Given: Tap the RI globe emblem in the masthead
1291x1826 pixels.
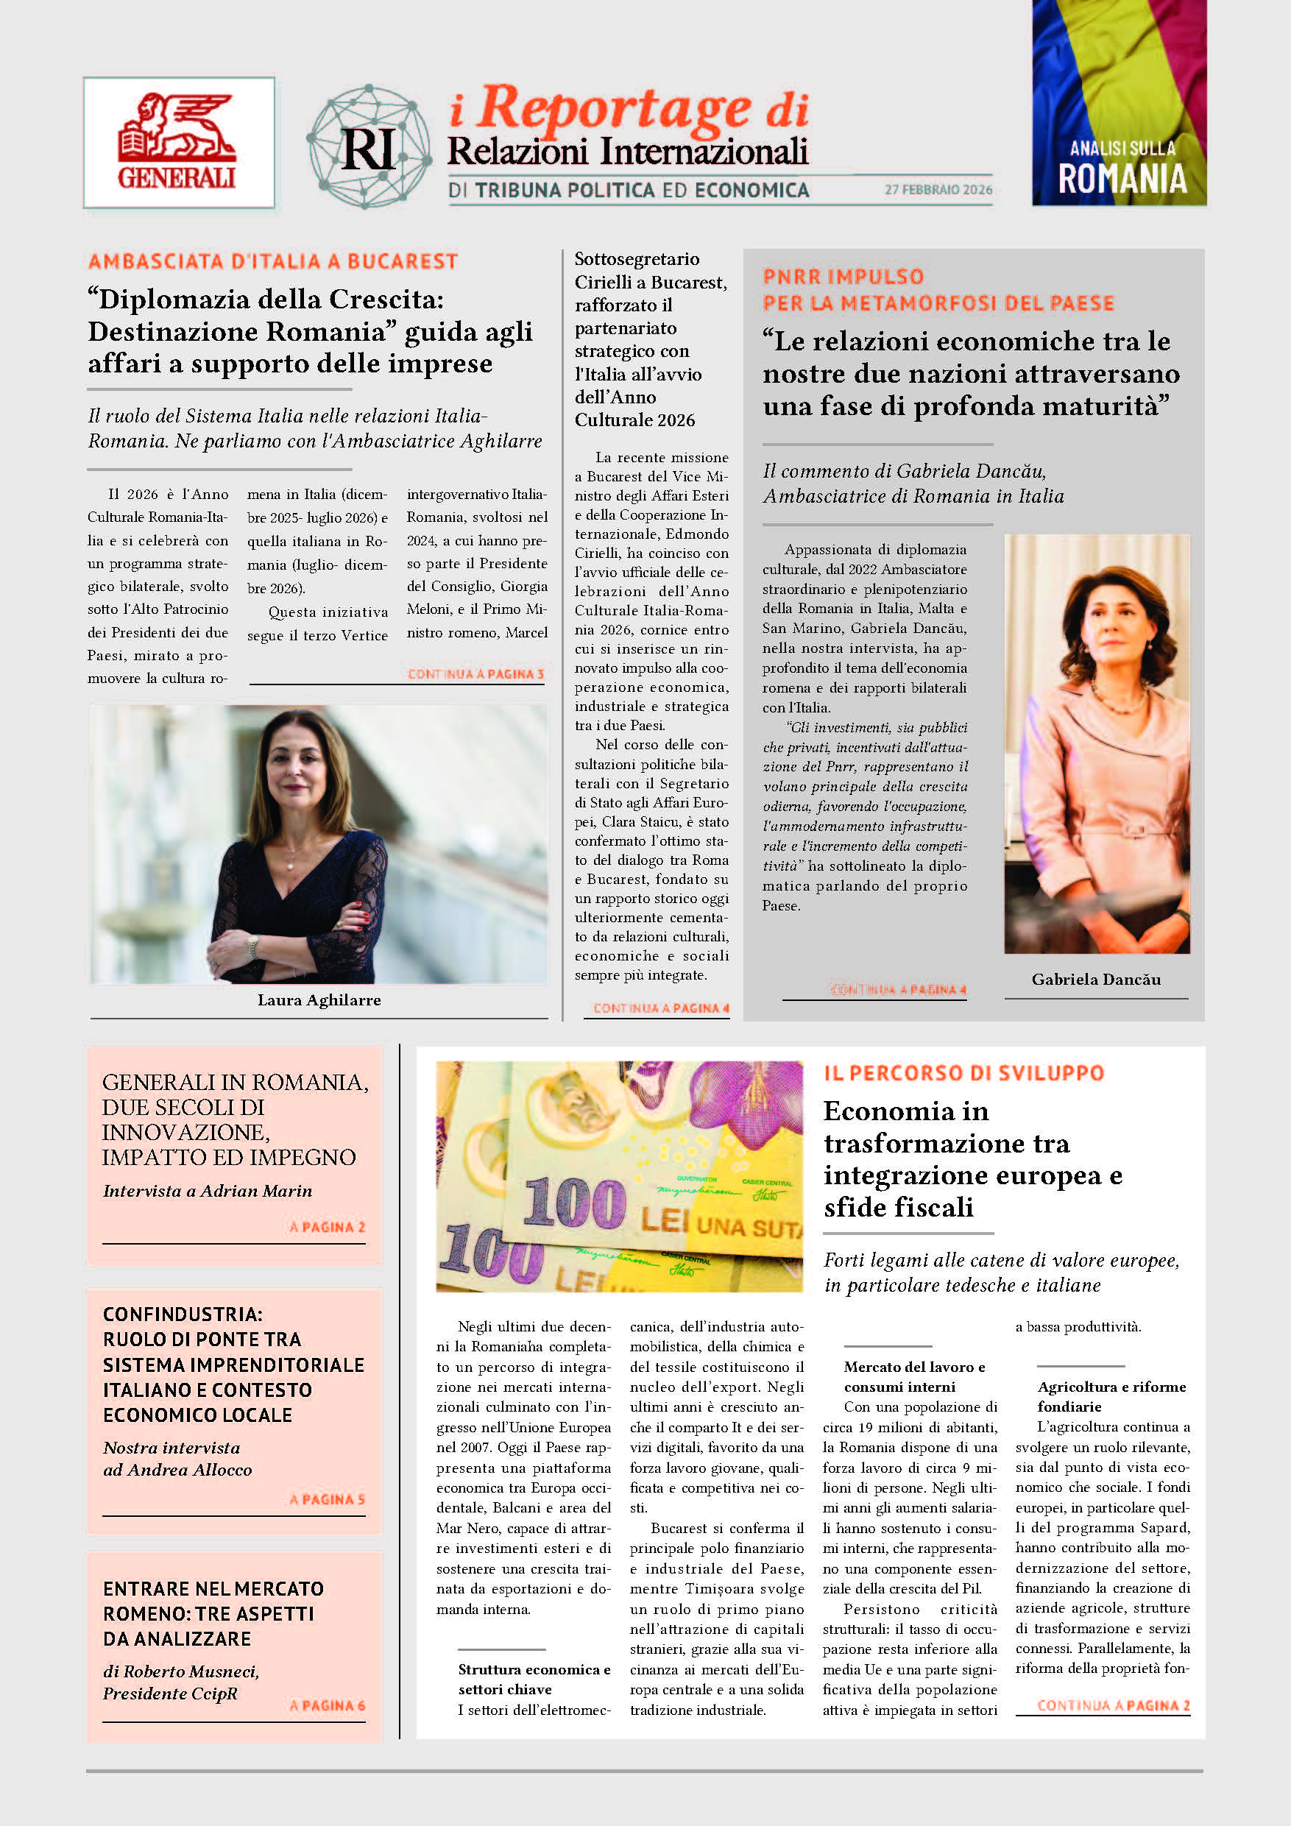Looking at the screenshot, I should click(x=369, y=147).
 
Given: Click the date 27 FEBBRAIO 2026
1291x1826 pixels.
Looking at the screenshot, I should click(x=938, y=189).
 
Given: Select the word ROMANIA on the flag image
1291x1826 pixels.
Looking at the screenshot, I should click(x=1122, y=179).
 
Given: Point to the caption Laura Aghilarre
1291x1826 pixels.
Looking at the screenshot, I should click(x=319, y=999).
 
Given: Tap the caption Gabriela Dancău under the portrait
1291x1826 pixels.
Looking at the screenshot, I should click(x=1096, y=979).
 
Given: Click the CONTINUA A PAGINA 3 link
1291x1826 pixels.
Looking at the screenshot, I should click(x=475, y=674).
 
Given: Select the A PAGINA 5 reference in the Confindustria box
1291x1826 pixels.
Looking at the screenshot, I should click(x=327, y=1499).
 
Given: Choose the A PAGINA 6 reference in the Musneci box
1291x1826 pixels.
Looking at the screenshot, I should click(x=327, y=1705).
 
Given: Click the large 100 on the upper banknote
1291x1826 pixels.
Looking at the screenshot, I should click(x=574, y=1203).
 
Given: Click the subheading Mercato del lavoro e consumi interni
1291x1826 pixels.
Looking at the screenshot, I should click(x=914, y=1376).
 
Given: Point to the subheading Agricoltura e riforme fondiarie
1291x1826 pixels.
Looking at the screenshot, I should click(x=1111, y=1395).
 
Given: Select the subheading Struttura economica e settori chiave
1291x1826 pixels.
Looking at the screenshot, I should click(x=534, y=1679).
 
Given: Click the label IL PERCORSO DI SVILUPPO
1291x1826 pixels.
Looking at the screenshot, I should click(x=963, y=1073).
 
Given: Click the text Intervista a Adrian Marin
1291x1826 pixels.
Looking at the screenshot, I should click(x=208, y=1191).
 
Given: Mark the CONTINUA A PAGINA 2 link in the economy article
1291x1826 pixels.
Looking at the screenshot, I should click(x=1113, y=1705).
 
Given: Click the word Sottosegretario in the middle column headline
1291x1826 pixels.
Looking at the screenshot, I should click(x=637, y=259).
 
